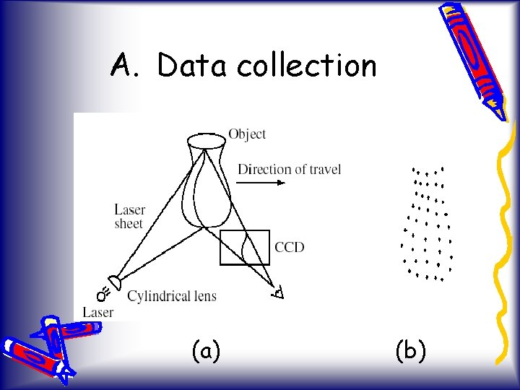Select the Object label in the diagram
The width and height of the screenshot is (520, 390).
[x=247, y=134]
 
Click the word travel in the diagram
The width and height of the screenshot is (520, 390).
[x=324, y=169]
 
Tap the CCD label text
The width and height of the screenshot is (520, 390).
[x=290, y=247]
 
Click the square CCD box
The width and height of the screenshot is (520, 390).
[x=244, y=247]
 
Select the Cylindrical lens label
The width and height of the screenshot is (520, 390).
[x=172, y=295]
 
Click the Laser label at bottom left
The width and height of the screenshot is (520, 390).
[x=97, y=312]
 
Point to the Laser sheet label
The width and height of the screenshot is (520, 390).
[x=129, y=217]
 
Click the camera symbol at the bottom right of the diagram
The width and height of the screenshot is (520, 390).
[x=278, y=292]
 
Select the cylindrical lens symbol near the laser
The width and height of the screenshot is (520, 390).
[x=115, y=281]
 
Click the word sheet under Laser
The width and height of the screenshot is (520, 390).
[x=129, y=224]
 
